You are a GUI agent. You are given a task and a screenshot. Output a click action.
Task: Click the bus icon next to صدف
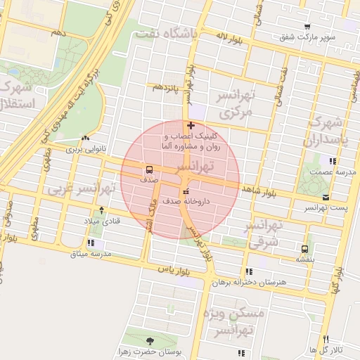click(149, 169)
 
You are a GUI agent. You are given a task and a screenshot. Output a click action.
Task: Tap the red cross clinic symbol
click(191, 126)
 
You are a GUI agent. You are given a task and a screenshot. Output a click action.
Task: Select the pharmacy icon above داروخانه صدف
click(186, 191)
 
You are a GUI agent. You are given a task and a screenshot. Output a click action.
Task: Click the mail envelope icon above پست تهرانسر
click(326, 198)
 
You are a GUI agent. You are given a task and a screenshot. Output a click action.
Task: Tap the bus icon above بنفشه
click(304, 249)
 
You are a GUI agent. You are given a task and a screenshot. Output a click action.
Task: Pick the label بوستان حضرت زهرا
click(148, 350)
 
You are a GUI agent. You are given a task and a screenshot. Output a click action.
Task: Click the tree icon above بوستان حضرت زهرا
click(148, 340)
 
